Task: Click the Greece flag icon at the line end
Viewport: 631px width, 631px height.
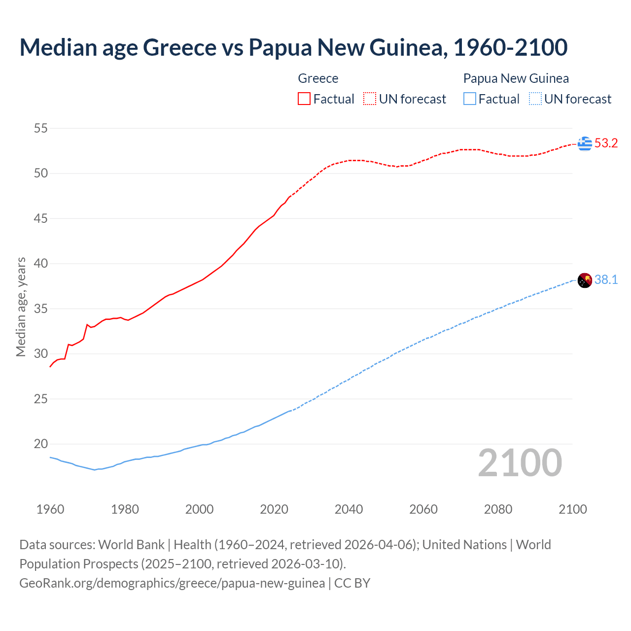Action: pyautogui.click(x=585, y=143)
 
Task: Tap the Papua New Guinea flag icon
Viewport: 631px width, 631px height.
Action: pyautogui.click(x=585, y=280)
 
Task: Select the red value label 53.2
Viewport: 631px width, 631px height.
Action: pyautogui.click(x=606, y=143)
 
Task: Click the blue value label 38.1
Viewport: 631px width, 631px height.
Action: pyautogui.click(x=606, y=280)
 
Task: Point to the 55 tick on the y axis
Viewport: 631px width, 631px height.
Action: pyautogui.click(x=41, y=129)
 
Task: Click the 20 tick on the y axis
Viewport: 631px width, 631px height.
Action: pyautogui.click(x=41, y=444)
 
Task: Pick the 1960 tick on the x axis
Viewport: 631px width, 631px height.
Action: pyautogui.click(x=50, y=509)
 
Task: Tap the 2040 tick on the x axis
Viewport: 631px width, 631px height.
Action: pyautogui.click(x=349, y=509)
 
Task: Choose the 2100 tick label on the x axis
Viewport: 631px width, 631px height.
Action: pyautogui.click(x=573, y=509)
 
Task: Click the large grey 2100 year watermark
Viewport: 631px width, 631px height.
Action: pyautogui.click(x=520, y=463)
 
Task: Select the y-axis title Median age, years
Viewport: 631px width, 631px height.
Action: pyautogui.click(x=21, y=307)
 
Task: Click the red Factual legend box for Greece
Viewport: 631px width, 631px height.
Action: pyautogui.click(x=304, y=99)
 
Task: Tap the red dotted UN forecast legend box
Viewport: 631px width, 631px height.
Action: pyautogui.click(x=370, y=99)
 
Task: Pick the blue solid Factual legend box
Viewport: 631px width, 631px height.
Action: pyautogui.click(x=470, y=99)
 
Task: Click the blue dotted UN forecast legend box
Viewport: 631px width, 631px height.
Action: pyautogui.click(x=535, y=99)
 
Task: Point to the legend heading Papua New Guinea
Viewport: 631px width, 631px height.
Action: pyautogui.click(x=516, y=78)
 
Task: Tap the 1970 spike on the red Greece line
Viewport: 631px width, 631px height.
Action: pyautogui.click(x=87, y=325)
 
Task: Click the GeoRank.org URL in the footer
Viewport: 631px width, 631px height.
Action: pyautogui.click(x=172, y=583)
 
